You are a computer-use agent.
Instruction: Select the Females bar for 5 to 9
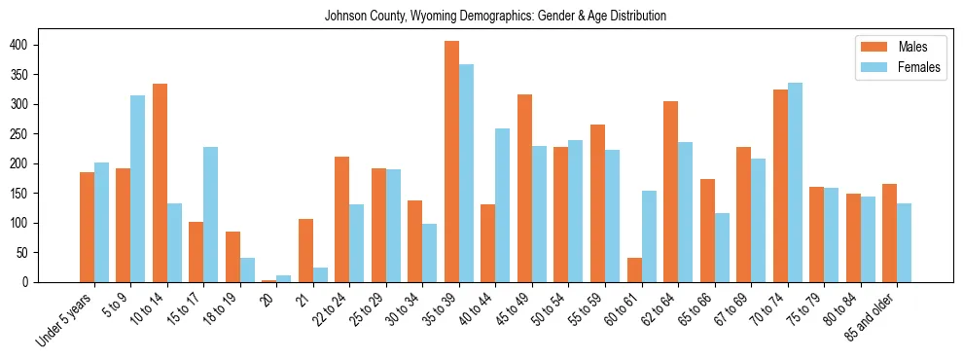point(138,189)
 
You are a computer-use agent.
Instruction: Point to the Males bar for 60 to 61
point(634,270)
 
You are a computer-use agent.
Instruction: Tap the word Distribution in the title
point(636,17)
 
